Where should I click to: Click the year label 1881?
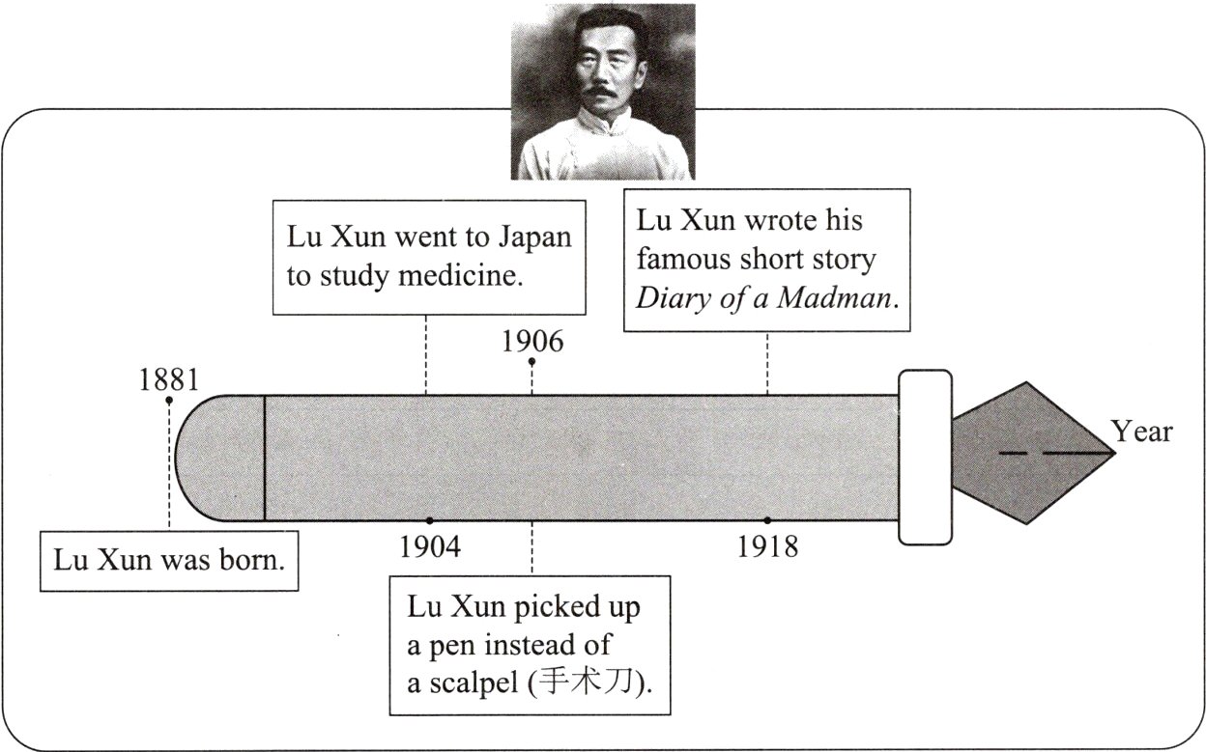[168, 379]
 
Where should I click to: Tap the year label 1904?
[430, 546]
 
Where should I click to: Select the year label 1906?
[532, 342]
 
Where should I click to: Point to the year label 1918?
[767, 546]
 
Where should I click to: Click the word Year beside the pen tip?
[1141, 432]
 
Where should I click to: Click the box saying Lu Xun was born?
[169, 560]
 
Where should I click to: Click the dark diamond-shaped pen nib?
[1028, 453]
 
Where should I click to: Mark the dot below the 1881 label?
[169, 400]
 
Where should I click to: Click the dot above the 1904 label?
[430, 520]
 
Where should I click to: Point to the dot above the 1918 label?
[767, 520]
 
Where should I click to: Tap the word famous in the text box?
[687, 259]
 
